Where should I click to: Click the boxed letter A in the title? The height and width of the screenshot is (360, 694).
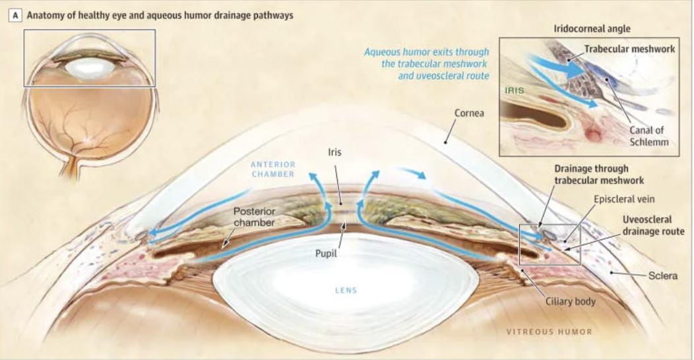coord(15,15)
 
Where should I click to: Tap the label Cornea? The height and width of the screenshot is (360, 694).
coord(469,113)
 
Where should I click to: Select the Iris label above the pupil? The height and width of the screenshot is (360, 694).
coord(334,152)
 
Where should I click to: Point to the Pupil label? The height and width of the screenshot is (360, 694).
coord(326,253)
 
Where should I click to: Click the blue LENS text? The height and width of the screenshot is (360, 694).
coord(346,291)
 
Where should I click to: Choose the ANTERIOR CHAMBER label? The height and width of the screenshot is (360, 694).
coord(273,169)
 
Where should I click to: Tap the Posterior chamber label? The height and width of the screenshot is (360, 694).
coord(254,217)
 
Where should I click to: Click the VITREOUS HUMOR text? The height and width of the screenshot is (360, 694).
coord(549,331)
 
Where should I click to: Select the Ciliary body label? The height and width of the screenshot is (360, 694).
coord(570,301)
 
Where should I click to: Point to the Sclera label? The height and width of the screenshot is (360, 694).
coord(662,276)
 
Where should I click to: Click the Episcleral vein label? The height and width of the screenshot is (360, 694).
coord(624,199)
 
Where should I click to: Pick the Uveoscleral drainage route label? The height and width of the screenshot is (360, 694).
coord(653,225)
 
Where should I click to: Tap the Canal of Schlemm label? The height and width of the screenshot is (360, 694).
coord(649,136)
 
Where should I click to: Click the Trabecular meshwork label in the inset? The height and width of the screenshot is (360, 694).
coord(629,49)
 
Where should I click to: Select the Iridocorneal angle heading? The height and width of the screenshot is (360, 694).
coord(592,29)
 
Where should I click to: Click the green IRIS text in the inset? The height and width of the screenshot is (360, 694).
coord(515,90)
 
